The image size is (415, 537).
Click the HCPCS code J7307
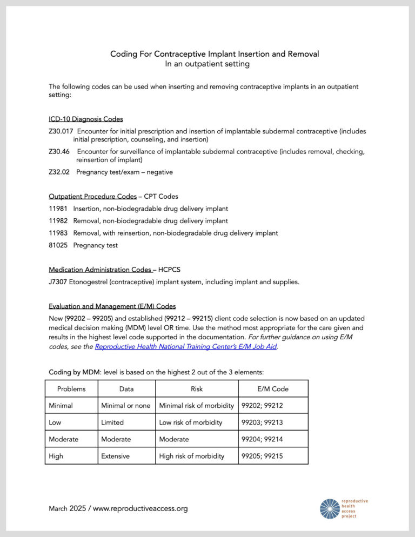click(58, 281)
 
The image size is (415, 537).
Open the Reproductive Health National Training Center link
click(186, 347)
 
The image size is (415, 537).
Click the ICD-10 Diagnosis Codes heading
click(85, 119)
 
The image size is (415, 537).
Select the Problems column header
click(71, 389)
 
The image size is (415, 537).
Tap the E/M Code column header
click(273, 389)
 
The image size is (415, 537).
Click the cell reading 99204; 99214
click(262, 439)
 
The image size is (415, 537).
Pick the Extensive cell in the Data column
click(116, 456)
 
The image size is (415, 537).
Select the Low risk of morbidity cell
click(192, 422)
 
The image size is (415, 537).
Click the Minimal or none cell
click(126, 406)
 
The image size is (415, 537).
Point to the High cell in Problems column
click(56, 456)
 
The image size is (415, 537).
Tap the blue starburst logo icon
click(330, 508)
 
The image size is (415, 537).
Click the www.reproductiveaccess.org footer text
click(140, 508)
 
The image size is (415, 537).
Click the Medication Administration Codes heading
click(100, 269)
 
